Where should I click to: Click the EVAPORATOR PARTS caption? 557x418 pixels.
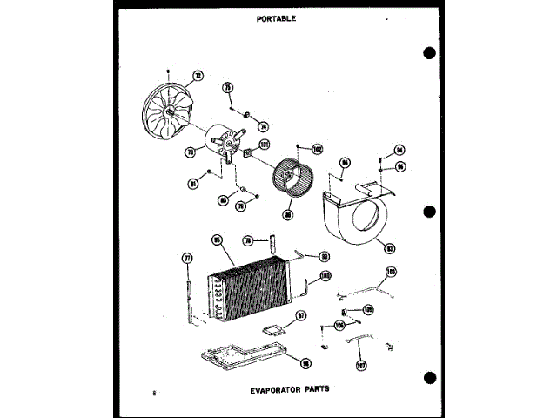point(287,390)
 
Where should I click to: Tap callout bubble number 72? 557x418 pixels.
point(198,76)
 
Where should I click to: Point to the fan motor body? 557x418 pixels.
point(223,144)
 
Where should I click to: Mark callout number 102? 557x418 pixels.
point(317,149)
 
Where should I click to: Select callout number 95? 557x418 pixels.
point(217,240)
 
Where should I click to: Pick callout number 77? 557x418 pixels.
point(185,257)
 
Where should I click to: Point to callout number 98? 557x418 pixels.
point(305,364)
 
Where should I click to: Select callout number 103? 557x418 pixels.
point(391,273)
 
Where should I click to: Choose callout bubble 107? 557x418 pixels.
point(361,365)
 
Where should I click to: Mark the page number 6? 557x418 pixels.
point(153,394)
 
